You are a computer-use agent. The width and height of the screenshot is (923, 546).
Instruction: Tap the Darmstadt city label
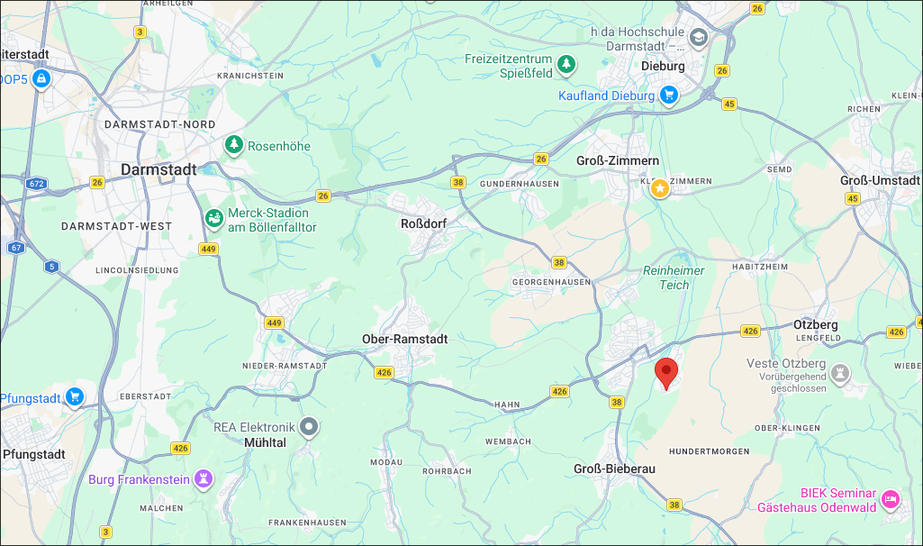click(158, 169)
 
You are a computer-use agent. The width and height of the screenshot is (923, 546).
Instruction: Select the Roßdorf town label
click(423, 223)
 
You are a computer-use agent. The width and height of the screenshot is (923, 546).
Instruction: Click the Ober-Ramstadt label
click(404, 339)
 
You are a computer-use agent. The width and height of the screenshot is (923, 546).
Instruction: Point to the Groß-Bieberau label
click(614, 469)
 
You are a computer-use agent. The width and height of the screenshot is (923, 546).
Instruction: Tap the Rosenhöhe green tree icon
click(234, 145)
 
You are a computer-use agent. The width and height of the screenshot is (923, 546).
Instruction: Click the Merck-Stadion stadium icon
click(214, 219)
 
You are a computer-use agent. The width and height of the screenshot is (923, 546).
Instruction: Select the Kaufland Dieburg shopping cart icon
click(668, 96)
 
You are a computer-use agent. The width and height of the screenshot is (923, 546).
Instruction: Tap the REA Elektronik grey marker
click(310, 427)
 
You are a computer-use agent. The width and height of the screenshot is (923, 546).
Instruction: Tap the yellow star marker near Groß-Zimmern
click(659, 188)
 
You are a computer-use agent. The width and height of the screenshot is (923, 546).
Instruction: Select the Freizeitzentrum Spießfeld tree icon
click(566, 64)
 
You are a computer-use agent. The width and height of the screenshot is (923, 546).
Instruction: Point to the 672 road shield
click(36, 184)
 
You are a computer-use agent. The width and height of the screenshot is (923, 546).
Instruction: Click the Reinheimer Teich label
click(674, 278)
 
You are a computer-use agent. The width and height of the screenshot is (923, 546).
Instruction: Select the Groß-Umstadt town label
click(879, 180)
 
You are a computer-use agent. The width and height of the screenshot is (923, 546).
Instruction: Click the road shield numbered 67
click(16, 247)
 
